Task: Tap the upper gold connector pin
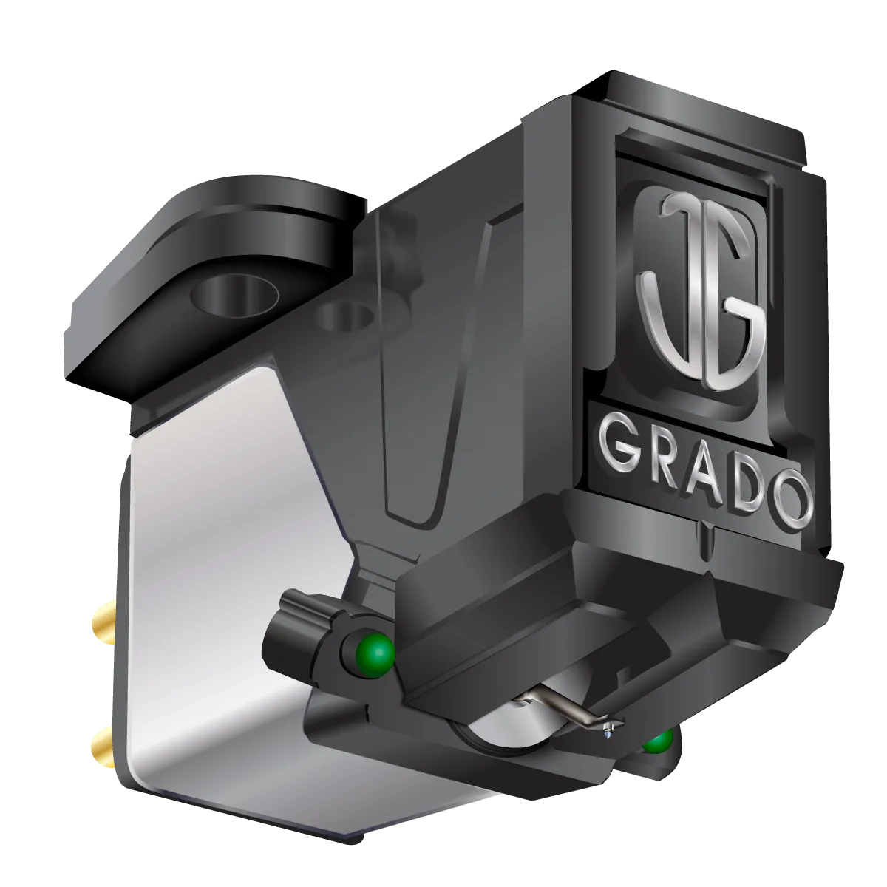pyautogui.click(x=101, y=615)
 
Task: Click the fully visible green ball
pyautogui.click(x=378, y=650)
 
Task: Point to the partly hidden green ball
pyautogui.click(x=657, y=741)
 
